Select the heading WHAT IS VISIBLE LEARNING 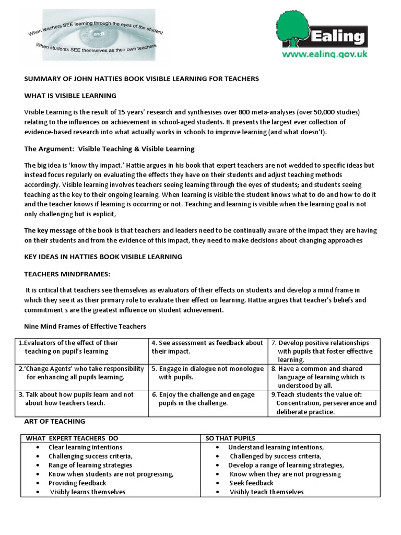[x=70, y=96]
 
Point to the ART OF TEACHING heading [x=55, y=421]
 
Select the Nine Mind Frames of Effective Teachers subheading [x=86, y=327]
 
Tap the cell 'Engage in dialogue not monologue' [x=208, y=373]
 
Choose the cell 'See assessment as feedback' [x=208, y=347]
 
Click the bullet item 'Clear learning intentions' [x=86, y=447]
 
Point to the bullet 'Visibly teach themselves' [x=266, y=492]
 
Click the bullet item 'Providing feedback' [x=77, y=483]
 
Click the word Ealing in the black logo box [x=338, y=38]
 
